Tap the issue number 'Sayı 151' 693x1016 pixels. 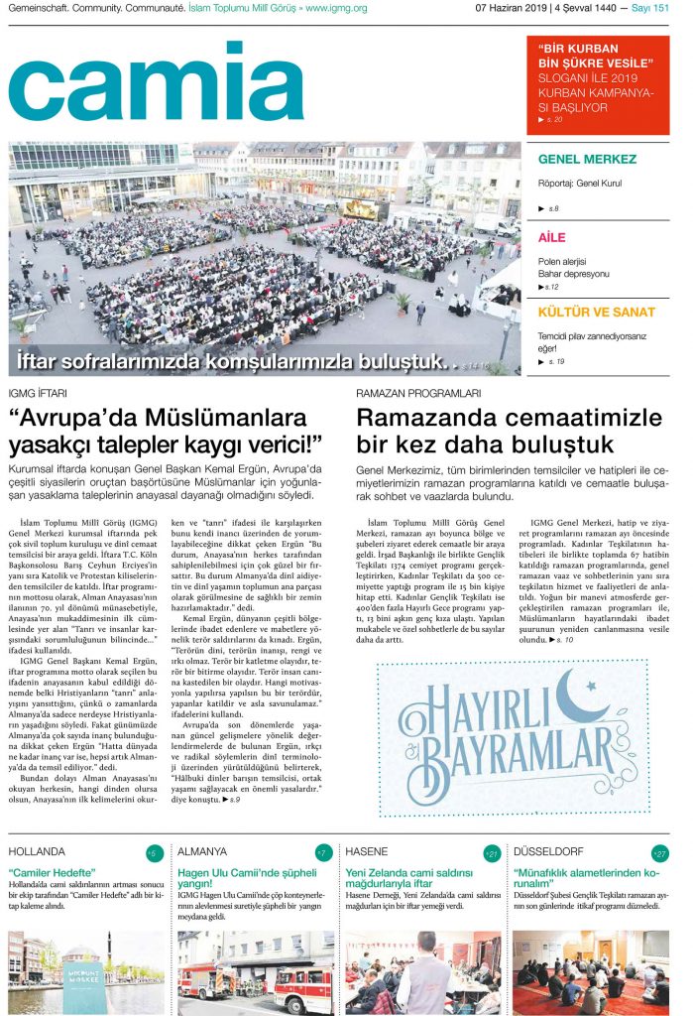pos(649,9)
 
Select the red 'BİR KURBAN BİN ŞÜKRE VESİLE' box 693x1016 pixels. pos(597,84)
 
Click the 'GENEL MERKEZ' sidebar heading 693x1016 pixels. pos(587,160)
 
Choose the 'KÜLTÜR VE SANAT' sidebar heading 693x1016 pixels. pos(596,313)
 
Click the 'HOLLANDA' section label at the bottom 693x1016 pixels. pos(37,851)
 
